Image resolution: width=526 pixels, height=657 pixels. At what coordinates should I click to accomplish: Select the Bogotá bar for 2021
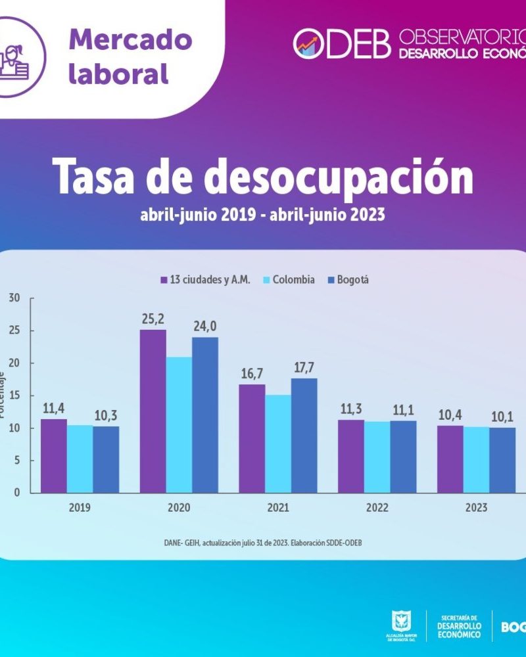[x=304, y=435]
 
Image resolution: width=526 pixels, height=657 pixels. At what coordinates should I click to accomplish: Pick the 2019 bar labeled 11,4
[x=54, y=455]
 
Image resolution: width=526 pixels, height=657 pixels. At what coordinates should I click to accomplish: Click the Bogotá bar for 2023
[x=502, y=460]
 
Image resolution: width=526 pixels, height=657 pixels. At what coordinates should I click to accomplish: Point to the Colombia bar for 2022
[x=377, y=457]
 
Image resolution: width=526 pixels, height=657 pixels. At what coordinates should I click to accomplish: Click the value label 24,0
[x=205, y=326]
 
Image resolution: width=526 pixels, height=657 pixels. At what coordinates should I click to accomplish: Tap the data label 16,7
[x=252, y=373]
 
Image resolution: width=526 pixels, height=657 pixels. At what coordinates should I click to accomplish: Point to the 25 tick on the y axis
[x=14, y=330]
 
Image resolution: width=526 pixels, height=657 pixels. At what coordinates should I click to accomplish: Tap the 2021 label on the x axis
[x=278, y=508]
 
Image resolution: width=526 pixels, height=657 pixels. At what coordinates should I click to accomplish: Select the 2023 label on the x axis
[x=476, y=508]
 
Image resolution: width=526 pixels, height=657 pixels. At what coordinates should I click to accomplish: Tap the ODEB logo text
[x=342, y=43]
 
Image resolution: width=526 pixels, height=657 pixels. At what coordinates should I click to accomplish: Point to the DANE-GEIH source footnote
[x=263, y=543]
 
